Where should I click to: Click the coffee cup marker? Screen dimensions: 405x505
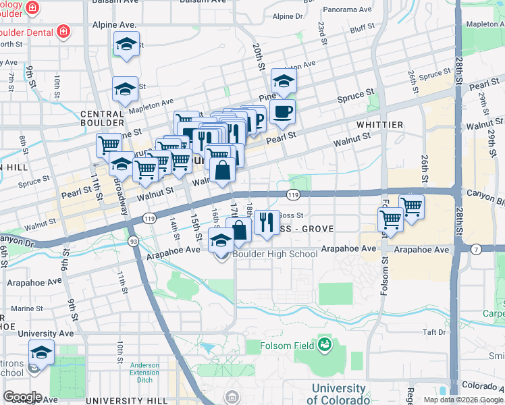(x=283, y=112)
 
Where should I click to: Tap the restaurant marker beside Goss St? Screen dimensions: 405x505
(x=267, y=222)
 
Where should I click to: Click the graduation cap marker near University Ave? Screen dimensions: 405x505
(x=41, y=352)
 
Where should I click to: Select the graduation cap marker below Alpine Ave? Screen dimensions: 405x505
(x=125, y=45)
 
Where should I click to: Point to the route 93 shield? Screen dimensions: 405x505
(x=134, y=241)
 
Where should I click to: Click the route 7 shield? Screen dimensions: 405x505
(x=476, y=250)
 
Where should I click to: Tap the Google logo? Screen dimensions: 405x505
(x=22, y=397)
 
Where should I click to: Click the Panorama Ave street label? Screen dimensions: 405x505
(x=347, y=10)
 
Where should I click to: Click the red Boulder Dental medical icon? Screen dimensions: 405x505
(x=63, y=30)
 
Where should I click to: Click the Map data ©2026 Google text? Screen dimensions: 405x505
(x=463, y=400)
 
